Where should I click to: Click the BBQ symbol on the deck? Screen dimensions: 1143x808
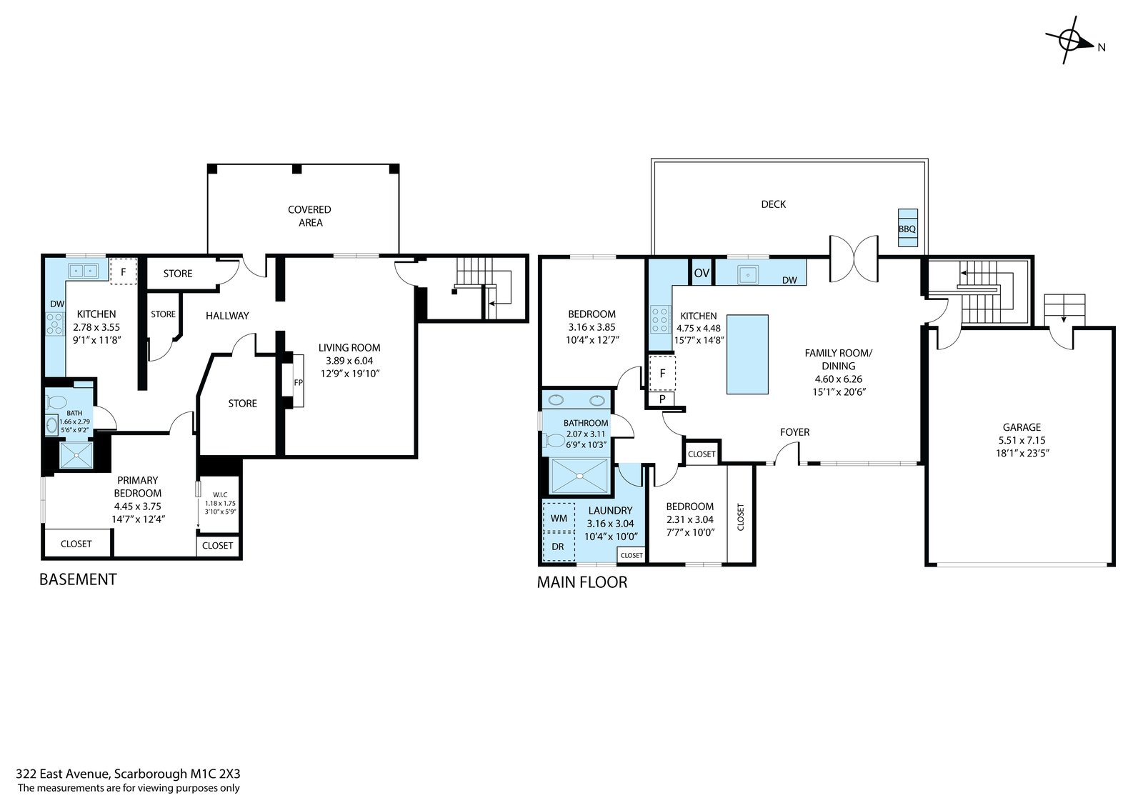[x=907, y=228]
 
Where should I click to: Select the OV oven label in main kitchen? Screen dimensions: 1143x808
[x=702, y=273]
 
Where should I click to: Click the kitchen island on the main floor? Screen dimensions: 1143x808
[x=747, y=354]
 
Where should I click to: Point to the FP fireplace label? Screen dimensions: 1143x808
[x=299, y=382]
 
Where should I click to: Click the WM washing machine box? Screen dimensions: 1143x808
[x=559, y=517]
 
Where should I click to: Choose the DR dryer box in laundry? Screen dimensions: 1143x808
[x=559, y=546]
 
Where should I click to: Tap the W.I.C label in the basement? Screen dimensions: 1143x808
[x=220, y=494]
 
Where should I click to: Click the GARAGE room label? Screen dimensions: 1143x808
[x=1022, y=427]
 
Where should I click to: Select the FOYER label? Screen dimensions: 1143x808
[x=794, y=432]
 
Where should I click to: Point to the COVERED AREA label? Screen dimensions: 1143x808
[x=310, y=216]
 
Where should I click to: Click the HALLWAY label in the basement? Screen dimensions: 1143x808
[x=227, y=316]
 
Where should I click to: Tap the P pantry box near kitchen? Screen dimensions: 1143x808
[x=662, y=399]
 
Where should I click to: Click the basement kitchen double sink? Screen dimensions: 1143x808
[x=83, y=270]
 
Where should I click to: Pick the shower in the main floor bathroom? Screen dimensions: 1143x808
[x=579, y=477]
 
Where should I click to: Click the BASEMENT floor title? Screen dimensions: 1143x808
[x=78, y=579]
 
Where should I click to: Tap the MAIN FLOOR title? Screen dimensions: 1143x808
[x=582, y=582]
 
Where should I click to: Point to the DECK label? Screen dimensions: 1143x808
[x=773, y=204]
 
